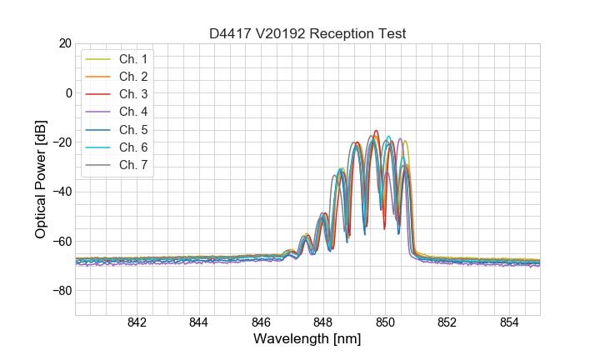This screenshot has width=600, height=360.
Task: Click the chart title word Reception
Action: tap(342, 33)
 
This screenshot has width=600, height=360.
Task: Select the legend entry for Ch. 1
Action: tap(133, 59)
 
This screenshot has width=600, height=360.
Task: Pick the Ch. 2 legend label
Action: tap(133, 77)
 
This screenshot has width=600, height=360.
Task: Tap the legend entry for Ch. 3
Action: tap(133, 94)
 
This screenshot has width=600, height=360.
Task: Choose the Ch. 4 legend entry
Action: tap(133, 112)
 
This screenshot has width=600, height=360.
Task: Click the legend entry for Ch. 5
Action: tap(133, 129)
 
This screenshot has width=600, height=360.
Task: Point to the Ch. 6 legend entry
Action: tap(133, 147)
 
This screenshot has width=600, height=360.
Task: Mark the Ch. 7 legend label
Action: tap(133, 164)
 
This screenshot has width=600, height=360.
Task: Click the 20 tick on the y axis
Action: tap(64, 43)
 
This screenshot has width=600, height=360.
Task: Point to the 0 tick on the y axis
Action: tap(68, 92)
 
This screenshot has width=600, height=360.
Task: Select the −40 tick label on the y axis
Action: tap(61, 192)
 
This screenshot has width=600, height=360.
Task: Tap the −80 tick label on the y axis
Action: tap(61, 291)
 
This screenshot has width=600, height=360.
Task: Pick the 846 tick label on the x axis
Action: tap(261, 323)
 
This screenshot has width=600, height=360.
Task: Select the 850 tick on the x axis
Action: tap(385, 323)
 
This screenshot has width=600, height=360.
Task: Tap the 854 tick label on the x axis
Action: tap(509, 323)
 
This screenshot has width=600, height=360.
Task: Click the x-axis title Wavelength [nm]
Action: tap(307, 340)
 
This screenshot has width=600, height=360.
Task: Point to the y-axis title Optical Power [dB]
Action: tap(41, 179)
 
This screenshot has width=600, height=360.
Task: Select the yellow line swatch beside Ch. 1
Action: tap(98, 59)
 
